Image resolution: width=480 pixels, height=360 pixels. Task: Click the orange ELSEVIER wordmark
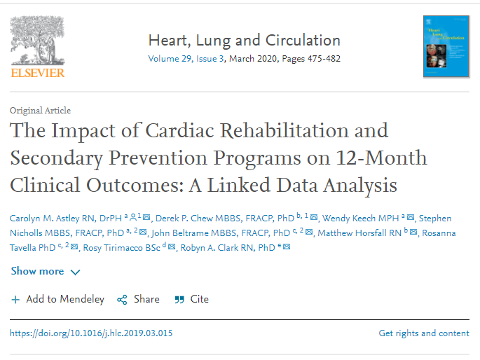click(37, 72)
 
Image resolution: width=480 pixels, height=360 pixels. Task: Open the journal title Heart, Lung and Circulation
click(244, 40)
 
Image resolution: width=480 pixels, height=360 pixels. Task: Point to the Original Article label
click(40, 111)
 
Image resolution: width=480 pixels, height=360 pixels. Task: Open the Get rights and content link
click(424, 333)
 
